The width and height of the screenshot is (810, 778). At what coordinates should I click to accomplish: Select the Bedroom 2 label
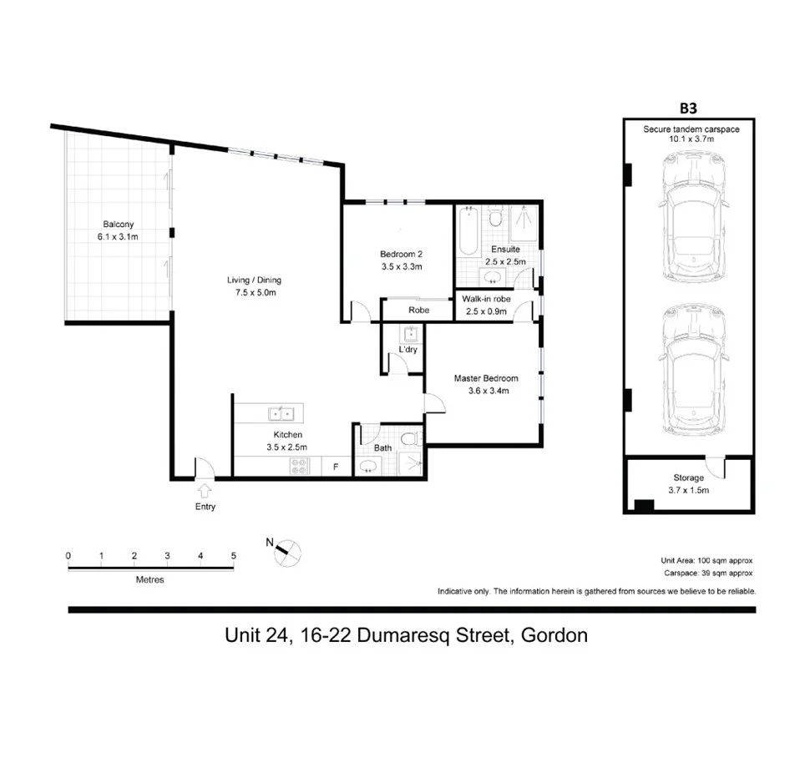[x=402, y=255]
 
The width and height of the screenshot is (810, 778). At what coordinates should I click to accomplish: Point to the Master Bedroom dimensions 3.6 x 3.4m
[x=481, y=390]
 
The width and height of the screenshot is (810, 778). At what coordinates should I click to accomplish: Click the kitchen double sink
[x=281, y=413]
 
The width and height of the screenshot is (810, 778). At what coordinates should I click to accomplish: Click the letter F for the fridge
[x=336, y=467]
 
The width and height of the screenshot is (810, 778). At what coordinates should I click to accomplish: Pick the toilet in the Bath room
[x=409, y=439]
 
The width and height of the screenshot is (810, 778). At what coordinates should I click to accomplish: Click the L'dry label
[x=408, y=349]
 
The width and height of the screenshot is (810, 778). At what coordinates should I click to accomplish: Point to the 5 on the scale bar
[x=234, y=556]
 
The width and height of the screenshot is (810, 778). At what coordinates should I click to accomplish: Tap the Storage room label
[x=690, y=478]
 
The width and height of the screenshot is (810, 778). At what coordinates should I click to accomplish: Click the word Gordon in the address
[x=554, y=635]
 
